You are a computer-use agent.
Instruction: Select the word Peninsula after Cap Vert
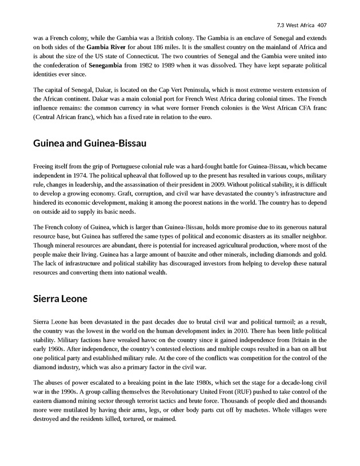pyautogui.click(x=195, y=91)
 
